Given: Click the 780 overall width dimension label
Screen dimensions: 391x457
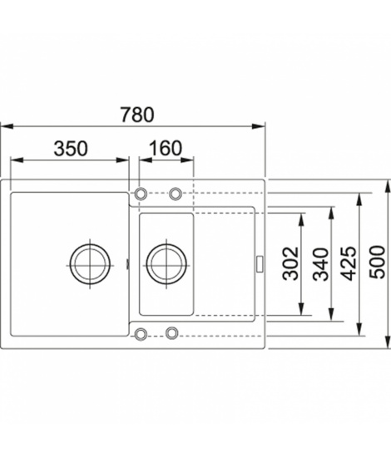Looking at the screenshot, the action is (x=136, y=115).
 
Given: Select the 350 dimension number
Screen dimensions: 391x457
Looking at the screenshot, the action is (x=71, y=149).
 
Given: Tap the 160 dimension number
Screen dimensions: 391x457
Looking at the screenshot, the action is (x=166, y=148).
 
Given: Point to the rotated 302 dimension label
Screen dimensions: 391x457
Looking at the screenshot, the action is (x=291, y=263).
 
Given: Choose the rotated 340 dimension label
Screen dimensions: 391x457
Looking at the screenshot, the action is (x=320, y=264).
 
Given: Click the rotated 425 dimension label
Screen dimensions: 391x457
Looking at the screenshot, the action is (x=349, y=263).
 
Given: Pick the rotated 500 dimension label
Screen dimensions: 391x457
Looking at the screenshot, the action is (x=377, y=263).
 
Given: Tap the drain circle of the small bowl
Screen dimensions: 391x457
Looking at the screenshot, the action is (x=166, y=264).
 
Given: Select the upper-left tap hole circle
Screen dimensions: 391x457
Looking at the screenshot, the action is (x=141, y=194).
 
